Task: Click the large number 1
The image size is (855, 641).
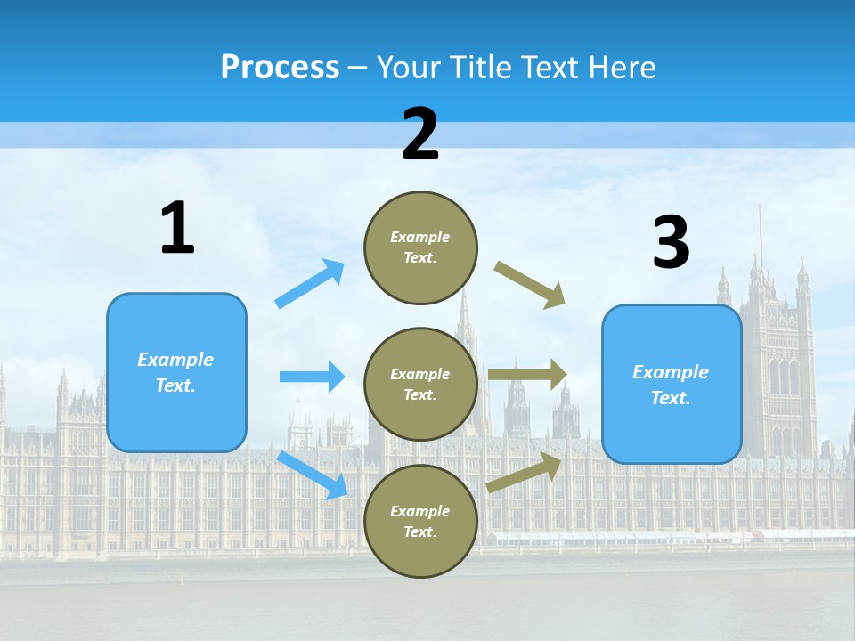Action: (x=177, y=228)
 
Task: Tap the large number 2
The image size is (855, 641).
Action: (x=420, y=134)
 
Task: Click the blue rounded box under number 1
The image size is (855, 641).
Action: (x=176, y=372)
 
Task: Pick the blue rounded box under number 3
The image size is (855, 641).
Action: (x=672, y=384)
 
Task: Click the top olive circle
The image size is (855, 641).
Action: (x=420, y=247)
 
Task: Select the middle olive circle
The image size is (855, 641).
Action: (x=420, y=384)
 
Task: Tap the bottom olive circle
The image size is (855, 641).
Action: (x=420, y=521)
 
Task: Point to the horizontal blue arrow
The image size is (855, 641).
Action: (x=312, y=377)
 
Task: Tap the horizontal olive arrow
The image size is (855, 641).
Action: (x=527, y=375)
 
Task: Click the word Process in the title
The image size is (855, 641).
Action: (x=280, y=67)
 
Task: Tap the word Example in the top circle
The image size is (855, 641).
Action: (x=420, y=237)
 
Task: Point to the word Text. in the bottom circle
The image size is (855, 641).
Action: (x=420, y=531)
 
